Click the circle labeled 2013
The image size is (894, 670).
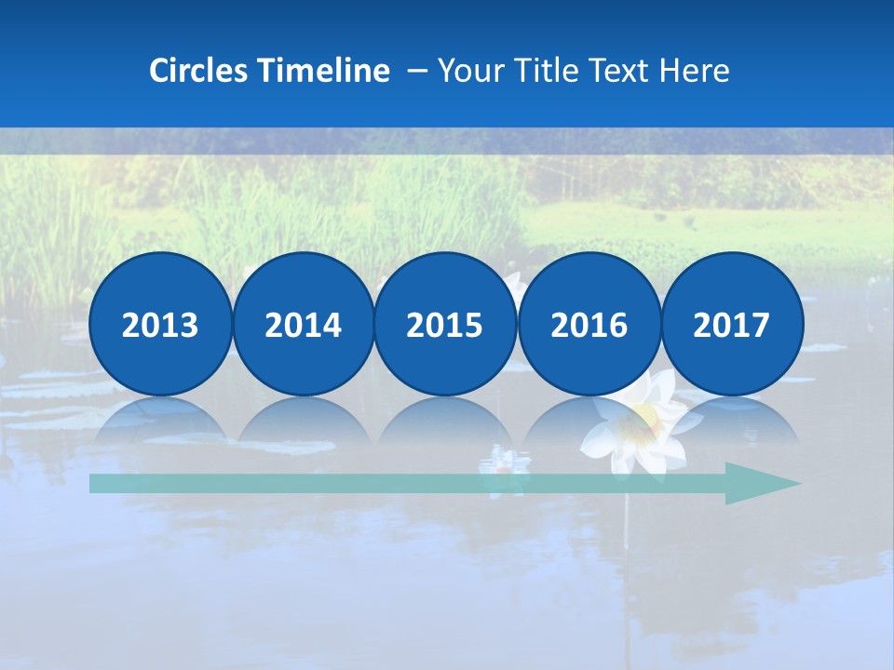coord(160,324)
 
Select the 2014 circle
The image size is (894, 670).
coord(303,324)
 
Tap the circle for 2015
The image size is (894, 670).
coord(444,324)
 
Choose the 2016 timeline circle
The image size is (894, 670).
coord(589,324)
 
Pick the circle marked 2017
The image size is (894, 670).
coord(731,324)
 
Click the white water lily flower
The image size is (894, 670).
coord(643,423)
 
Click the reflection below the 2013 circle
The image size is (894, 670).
coord(160,419)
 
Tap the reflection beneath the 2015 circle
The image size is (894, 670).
coord(444,419)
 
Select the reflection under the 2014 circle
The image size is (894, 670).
coord(303,419)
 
